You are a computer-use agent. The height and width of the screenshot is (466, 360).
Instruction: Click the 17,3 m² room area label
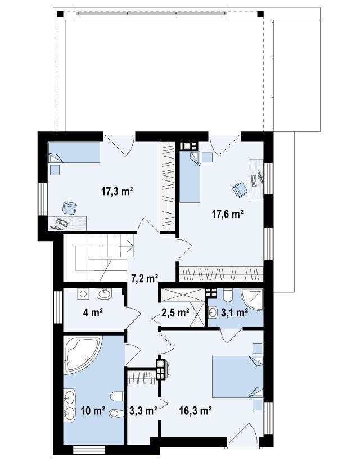117,192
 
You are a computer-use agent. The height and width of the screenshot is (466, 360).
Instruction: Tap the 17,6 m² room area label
228,214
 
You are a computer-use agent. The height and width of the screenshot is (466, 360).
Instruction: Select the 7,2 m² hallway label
145,278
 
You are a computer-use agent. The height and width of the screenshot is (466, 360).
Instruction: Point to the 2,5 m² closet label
175,313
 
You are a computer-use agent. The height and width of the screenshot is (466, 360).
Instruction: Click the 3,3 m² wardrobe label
143,411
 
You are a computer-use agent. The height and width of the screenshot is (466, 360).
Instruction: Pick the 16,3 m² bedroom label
195,411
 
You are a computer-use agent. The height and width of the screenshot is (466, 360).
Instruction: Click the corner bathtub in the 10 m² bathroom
82,354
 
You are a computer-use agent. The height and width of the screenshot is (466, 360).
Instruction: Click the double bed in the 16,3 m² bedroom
237,377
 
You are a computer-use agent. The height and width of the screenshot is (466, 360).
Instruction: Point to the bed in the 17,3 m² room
74,152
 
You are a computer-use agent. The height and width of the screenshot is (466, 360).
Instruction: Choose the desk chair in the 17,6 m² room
240,189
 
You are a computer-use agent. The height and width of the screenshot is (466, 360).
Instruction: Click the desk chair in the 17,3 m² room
70,207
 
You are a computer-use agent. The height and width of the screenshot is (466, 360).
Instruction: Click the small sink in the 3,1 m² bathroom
213,313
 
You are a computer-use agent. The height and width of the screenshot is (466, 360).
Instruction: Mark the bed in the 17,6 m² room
190,177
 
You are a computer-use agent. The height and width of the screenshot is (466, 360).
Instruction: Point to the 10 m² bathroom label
93,411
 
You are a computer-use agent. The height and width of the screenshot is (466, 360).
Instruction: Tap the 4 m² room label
93,313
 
